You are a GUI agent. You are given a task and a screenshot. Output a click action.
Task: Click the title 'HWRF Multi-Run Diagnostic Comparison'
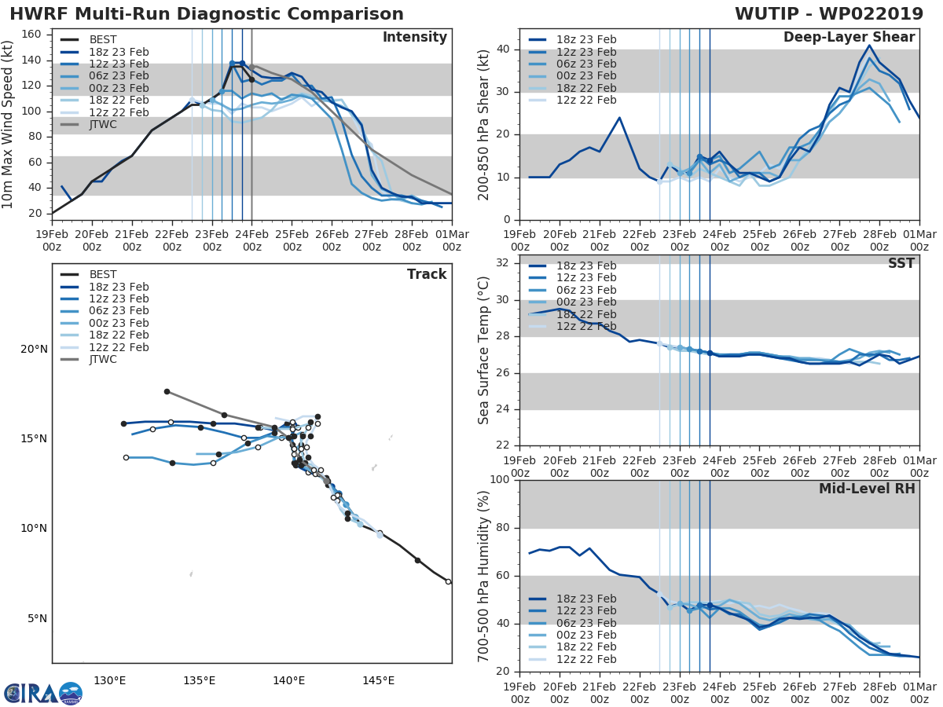coord(207,14)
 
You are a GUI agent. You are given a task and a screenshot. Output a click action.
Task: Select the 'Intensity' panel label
coord(414,38)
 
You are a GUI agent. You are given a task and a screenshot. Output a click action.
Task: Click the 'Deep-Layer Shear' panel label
coord(849,38)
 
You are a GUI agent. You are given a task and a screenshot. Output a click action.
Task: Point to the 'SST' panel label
coord(901,264)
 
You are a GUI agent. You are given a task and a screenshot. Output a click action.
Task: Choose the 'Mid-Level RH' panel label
coord(867,489)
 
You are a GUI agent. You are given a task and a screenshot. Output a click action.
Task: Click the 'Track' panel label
coord(427,274)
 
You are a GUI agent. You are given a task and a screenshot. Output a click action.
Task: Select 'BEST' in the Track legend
coord(103,274)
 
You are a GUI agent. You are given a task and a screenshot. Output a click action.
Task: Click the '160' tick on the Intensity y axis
coord(31,35)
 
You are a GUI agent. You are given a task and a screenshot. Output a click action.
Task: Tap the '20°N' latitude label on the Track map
coord(33,349)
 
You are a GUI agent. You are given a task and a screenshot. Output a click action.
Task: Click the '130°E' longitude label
coord(110,680)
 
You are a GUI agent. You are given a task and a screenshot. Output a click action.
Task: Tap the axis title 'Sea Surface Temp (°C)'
coord(484,350)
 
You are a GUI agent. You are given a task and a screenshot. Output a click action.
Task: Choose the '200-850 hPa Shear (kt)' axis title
coord(484,124)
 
